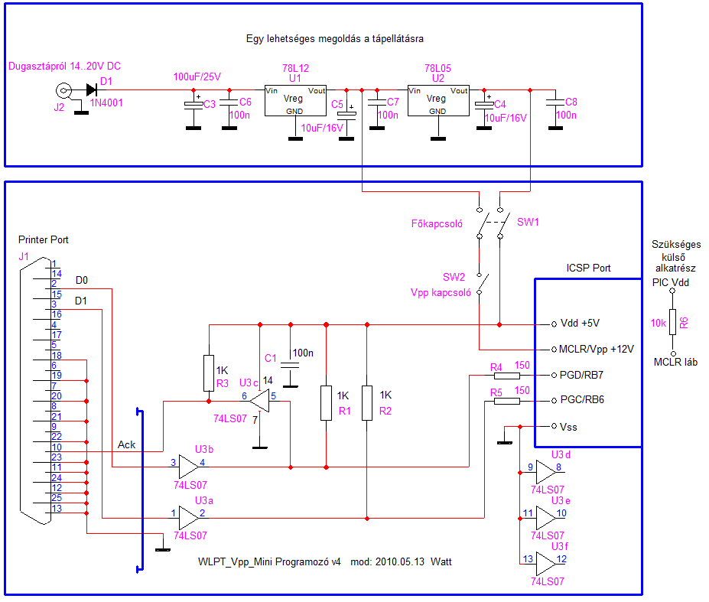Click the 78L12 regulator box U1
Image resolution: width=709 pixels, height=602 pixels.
(295, 99)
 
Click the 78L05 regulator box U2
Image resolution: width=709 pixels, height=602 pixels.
(437, 99)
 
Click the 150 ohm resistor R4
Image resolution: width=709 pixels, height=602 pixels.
(507, 376)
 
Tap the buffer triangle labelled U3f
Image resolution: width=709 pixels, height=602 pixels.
(546, 565)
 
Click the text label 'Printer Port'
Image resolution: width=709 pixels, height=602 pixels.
(43, 239)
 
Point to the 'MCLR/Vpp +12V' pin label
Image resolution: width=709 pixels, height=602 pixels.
(597, 349)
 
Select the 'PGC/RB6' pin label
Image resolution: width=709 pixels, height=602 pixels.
(584, 400)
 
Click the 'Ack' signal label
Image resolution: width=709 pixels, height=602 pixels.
(127, 444)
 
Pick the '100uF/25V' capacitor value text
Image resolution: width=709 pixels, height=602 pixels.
(197, 76)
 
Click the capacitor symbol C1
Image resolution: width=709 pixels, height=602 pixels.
(289, 365)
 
